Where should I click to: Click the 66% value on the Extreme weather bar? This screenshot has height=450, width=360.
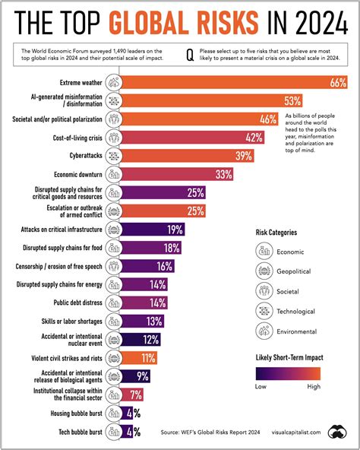click(338, 82)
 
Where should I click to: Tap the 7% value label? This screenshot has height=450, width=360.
click(137, 395)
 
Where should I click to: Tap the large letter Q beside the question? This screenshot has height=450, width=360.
click(189, 55)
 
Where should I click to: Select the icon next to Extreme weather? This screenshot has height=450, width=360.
click(112, 82)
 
